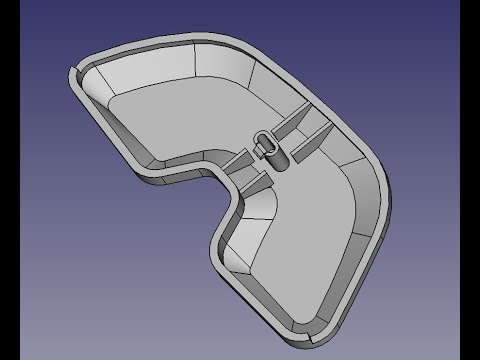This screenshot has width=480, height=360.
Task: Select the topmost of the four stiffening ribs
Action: click(x=295, y=122)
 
